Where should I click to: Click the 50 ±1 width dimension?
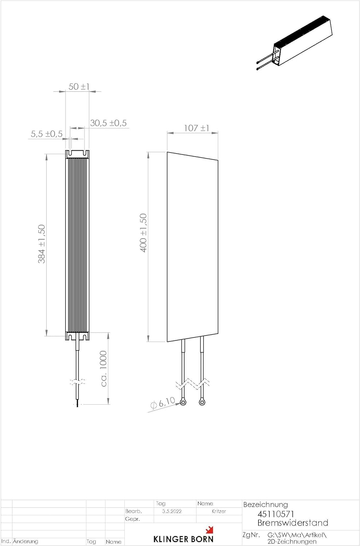point(79,87)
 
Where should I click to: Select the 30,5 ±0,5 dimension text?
point(108,123)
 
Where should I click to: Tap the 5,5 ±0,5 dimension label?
point(47,134)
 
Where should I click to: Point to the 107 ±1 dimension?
point(197,128)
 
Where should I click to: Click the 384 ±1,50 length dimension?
point(42,244)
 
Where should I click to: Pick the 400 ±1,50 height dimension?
point(143,233)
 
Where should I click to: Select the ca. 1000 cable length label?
point(104,368)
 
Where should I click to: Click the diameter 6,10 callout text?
point(163,403)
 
